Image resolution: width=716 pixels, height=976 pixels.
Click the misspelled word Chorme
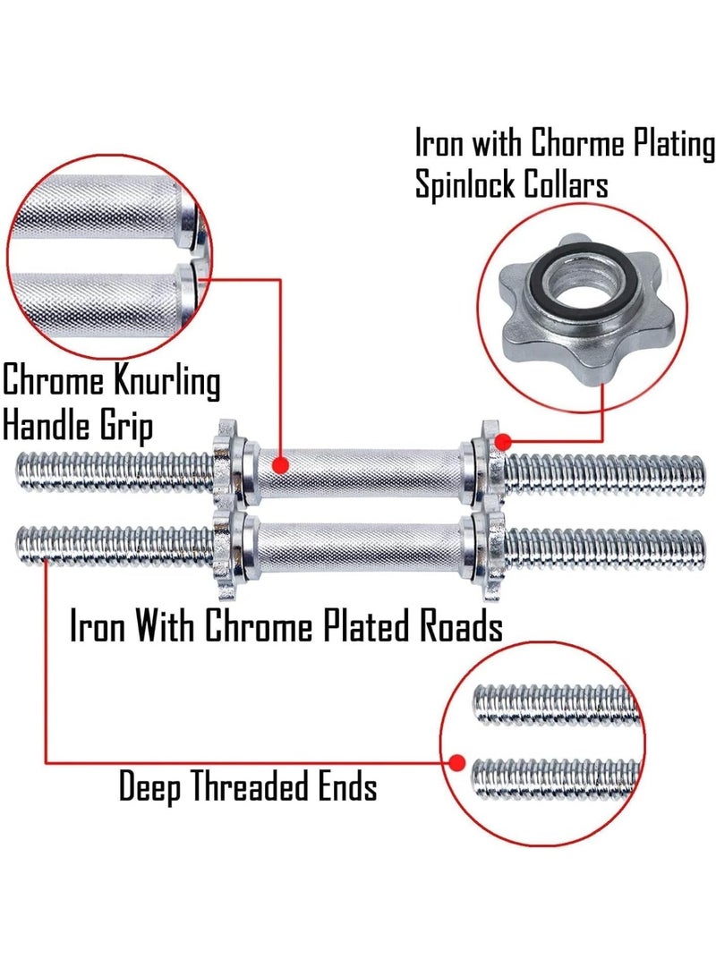(577, 143)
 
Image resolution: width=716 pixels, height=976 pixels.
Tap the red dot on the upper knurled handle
(281, 464)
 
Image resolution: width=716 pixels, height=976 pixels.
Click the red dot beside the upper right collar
(503, 443)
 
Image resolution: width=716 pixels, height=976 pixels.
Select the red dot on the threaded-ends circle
(457, 762)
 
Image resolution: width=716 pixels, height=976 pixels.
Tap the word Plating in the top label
(674, 144)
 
